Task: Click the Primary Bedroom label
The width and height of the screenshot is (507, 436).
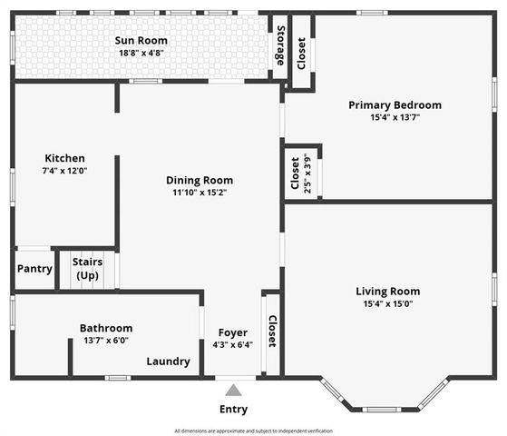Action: pos(395,105)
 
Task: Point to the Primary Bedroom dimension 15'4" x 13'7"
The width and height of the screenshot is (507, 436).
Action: pos(395,117)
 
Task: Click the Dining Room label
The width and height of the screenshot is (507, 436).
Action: pos(199,180)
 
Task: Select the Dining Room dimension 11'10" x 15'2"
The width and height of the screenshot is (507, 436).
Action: pos(199,192)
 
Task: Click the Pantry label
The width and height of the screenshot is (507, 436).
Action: pos(34,269)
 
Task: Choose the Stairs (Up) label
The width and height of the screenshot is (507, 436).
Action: pos(87,268)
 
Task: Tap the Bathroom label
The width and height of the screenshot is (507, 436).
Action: pos(106,328)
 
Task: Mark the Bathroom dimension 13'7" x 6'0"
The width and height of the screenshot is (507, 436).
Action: pos(106,340)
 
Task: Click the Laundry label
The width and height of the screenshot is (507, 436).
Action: pos(169,362)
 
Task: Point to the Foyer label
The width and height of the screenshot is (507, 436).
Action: pos(233,332)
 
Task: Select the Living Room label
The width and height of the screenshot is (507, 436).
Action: pos(387,292)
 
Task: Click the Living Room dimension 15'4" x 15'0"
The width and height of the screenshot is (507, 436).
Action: pos(387,303)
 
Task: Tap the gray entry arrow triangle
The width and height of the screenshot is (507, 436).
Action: pos(233,391)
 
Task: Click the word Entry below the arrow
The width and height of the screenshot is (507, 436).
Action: pos(233,409)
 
